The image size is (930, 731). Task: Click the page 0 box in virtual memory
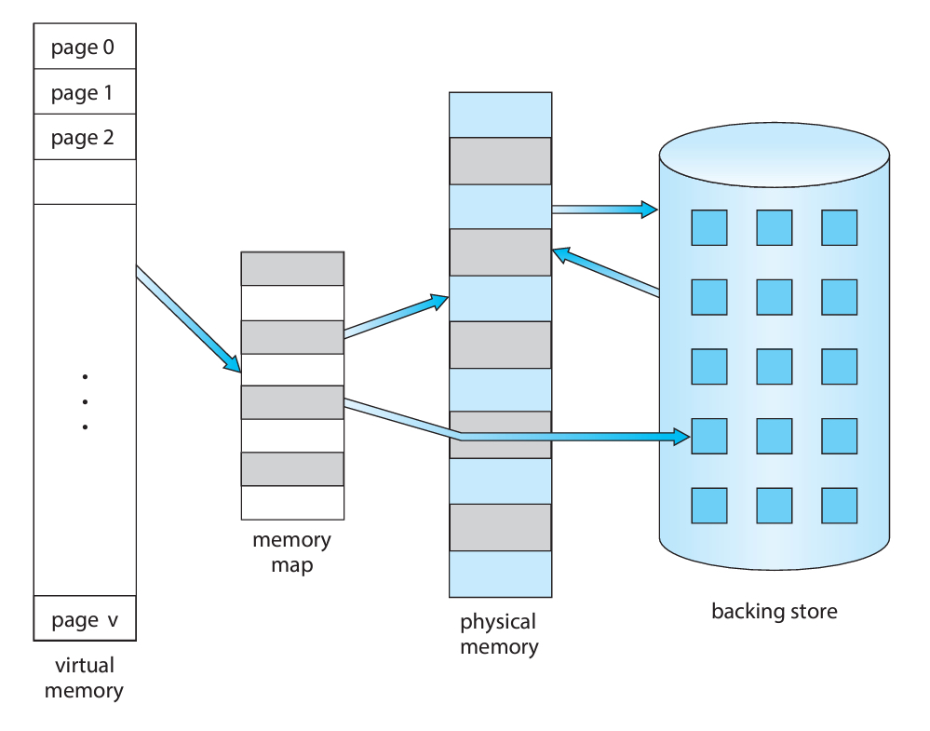84,47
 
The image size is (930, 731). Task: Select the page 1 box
84,92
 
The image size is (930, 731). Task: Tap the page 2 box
84,138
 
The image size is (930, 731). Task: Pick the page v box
84,619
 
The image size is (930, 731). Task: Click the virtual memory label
85,678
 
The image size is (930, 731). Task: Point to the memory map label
291,552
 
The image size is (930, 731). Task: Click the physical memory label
499,634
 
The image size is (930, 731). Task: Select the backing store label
774,612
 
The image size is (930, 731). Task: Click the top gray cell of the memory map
292,268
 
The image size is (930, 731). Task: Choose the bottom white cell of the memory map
292,503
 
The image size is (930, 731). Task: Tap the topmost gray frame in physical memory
500,161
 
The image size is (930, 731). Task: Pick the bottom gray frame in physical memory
500,527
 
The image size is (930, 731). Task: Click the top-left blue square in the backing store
709,227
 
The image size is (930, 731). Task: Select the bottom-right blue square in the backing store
839,504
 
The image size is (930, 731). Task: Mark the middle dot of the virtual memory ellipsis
85,402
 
